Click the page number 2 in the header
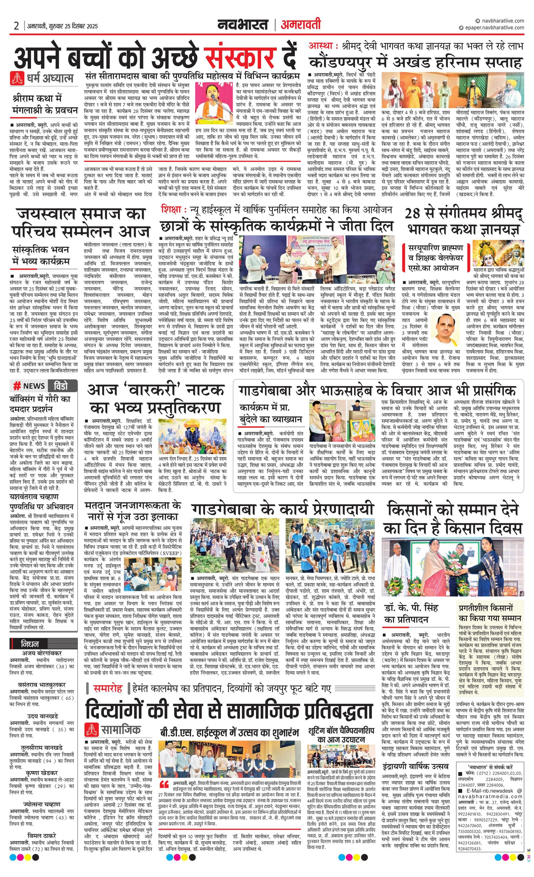pos(16,26)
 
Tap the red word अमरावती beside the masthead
pos(300,25)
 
